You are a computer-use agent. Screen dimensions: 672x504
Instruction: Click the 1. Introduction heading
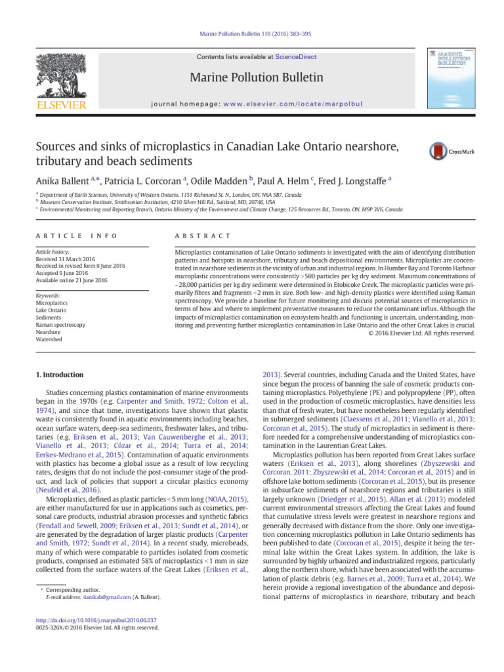[58, 375]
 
